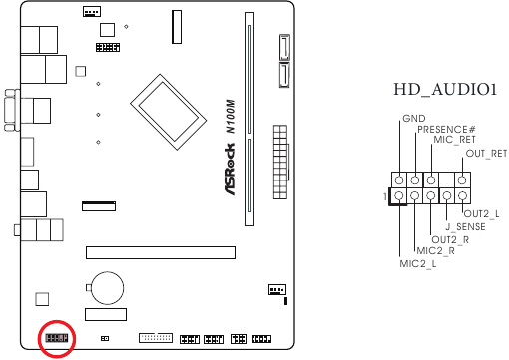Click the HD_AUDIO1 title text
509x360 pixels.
coord(445,91)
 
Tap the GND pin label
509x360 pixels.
coord(413,119)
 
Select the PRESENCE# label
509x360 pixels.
coord(446,130)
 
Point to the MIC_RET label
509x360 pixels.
coord(454,141)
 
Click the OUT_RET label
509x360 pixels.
coord(487,153)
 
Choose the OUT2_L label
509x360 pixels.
coord(481,214)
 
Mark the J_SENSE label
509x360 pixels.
coord(465,227)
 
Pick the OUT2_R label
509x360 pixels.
coord(451,239)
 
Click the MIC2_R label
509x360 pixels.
coord(435,251)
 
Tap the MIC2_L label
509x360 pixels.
coord(418,264)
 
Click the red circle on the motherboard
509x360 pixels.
coord(56,339)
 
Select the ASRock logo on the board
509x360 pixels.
coord(228,169)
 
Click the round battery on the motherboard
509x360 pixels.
coord(106,288)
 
